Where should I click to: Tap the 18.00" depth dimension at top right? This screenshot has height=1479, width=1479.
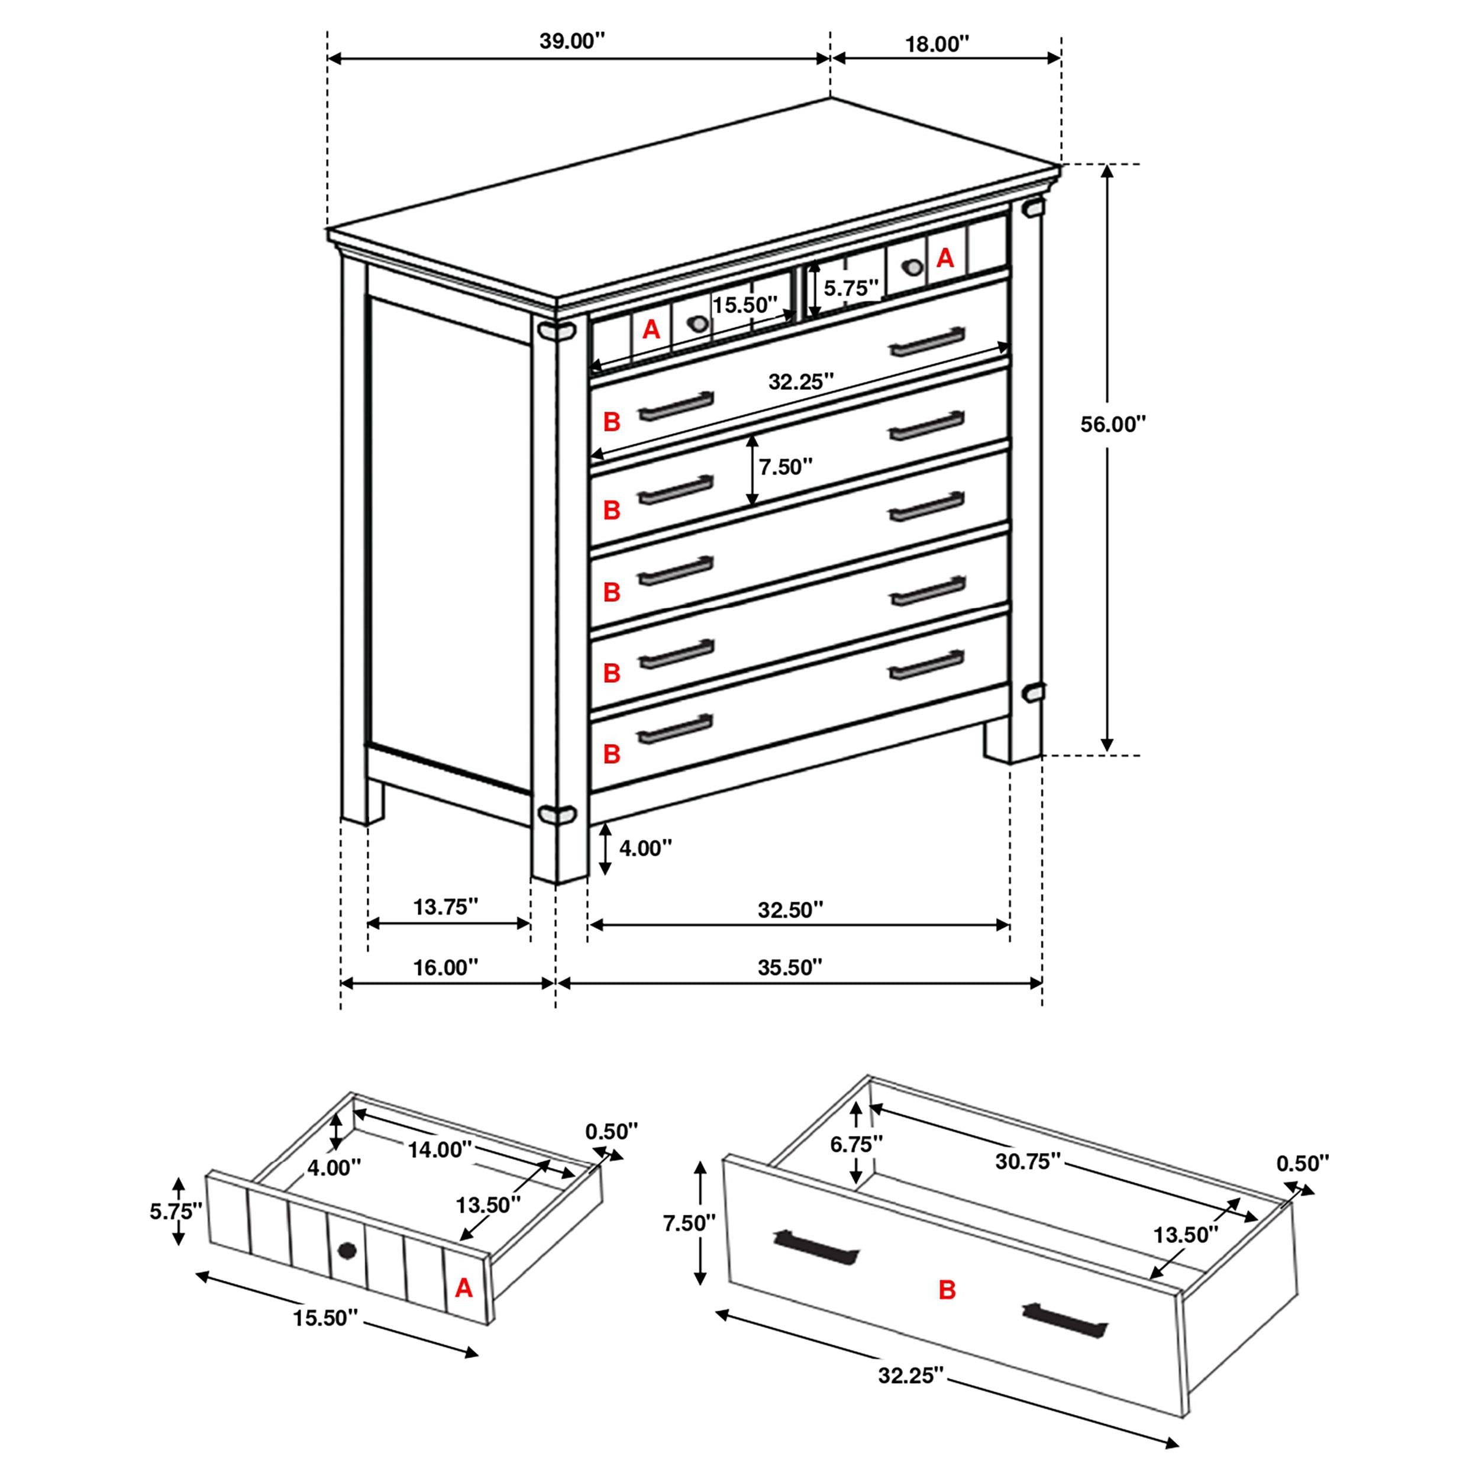tap(937, 44)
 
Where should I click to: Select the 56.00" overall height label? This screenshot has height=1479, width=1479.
tap(1112, 424)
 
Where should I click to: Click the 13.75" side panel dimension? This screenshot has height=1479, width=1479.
tap(445, 907)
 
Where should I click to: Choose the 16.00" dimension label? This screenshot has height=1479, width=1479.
tap(445, 968)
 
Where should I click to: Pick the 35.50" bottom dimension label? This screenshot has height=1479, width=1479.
tap(790, 968)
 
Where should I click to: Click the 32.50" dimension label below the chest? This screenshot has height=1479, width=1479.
tap(790, 910)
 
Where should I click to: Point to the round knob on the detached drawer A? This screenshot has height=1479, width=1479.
tap(347, 1251)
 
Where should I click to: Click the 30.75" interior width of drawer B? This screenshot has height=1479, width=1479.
tap(1028, 1161)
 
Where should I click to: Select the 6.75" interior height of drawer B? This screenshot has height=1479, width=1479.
tap(857, 1145)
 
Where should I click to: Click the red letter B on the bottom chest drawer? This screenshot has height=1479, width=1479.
tap(611, 754)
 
